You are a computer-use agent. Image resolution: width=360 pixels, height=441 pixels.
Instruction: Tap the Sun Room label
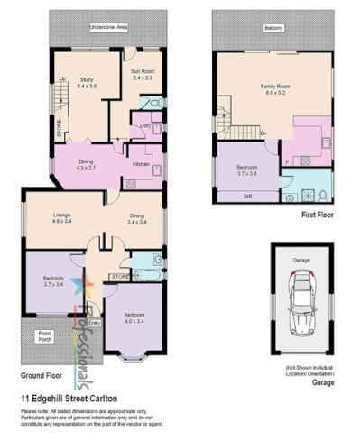[x=143, y=73]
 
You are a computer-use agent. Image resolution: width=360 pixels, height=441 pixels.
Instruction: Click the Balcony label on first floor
[x=273, y=29]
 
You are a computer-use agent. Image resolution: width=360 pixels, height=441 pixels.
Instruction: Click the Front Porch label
[x=44, y=337]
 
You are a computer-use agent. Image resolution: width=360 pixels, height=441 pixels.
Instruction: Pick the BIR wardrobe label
[x=247, y=196]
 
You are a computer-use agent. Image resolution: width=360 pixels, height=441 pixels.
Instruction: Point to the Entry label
[x=95, y=322]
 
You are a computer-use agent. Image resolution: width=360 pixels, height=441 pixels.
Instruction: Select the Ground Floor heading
[x=44, y=375]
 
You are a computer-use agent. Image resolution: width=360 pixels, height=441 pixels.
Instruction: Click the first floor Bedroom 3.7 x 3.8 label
[x=247, y=171]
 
